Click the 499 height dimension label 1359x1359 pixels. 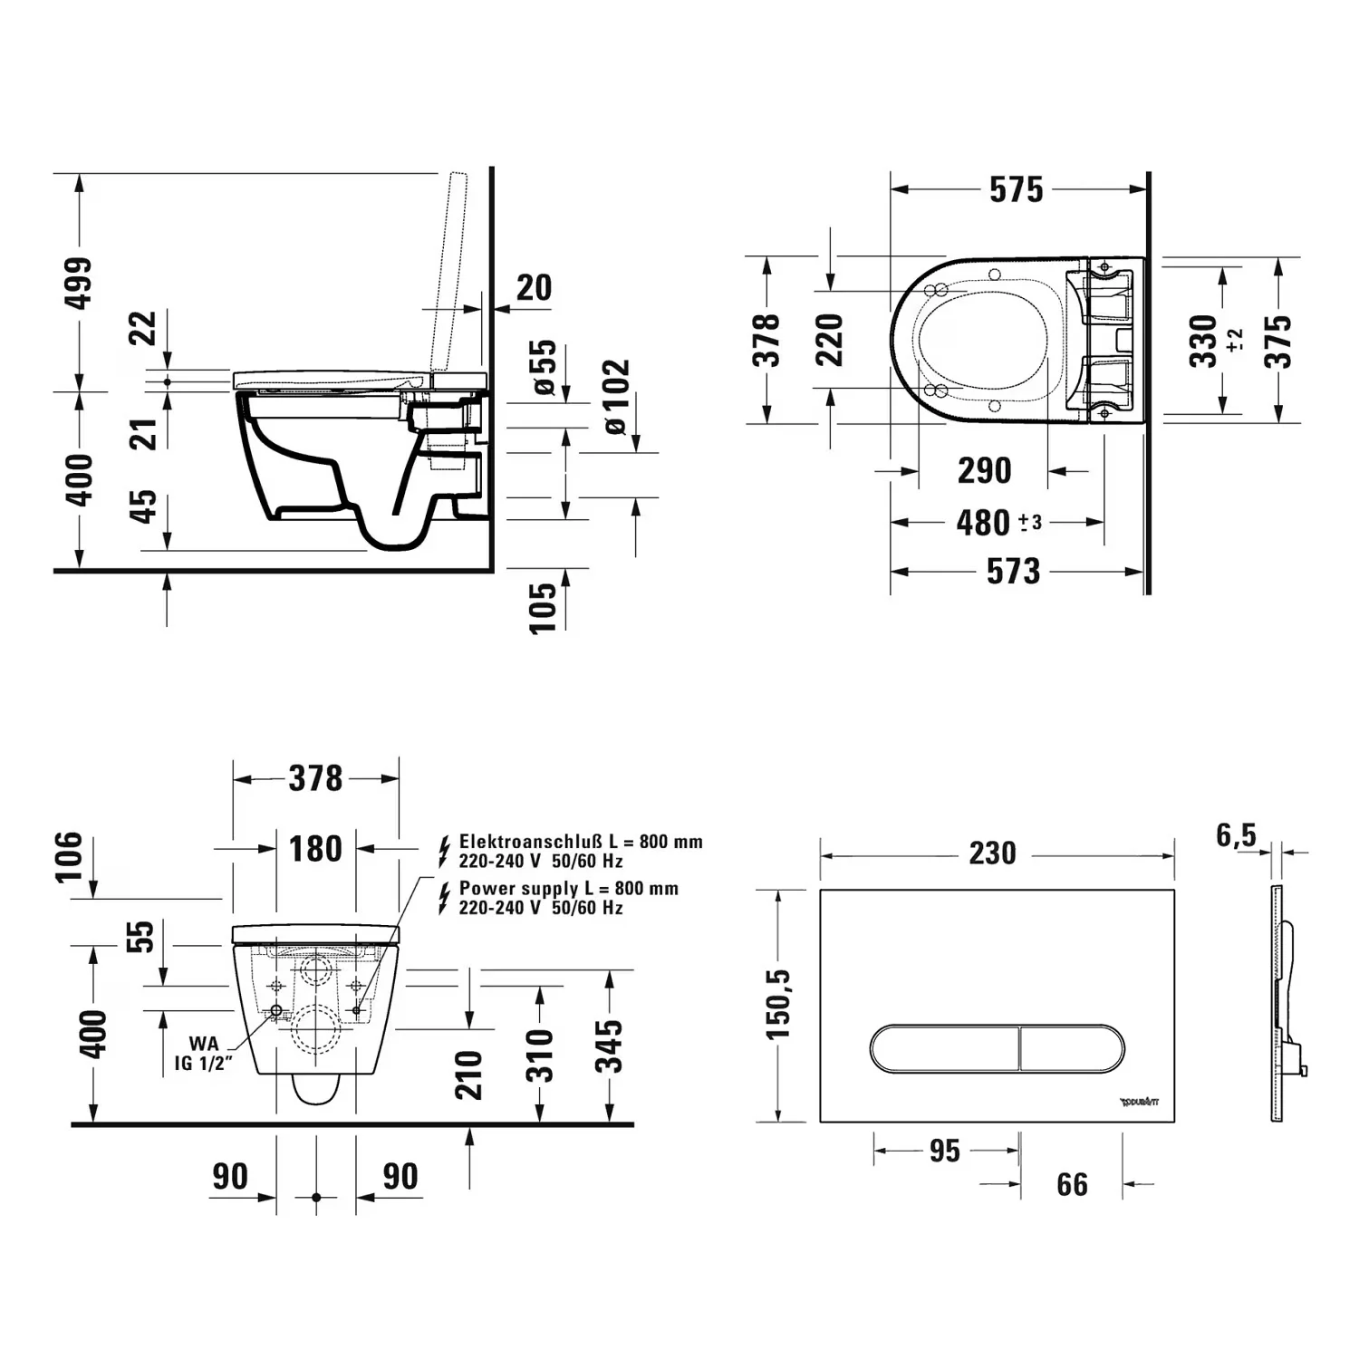[x=81, y=283]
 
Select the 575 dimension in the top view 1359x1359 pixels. [x=1016, y=189]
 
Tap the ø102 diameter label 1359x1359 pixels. [x=615, y=397]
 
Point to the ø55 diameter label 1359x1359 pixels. [x=544, y=368]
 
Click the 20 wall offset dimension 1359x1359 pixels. [x=534, y=287]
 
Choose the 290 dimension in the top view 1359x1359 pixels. [x=984, y=470]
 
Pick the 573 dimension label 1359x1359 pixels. [x=1013, y=571]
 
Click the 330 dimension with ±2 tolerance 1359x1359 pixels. [x=1204, y=340]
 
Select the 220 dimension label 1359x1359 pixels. [x=830, y=340]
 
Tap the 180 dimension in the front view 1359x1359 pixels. [x=315, y=849]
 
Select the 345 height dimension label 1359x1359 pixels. [x=613, y=1046]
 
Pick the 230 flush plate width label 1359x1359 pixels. [x=992, y=853]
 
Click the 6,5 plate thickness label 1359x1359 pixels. [x=1236, y=835]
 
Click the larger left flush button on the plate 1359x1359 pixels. [x=945, y=1048]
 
